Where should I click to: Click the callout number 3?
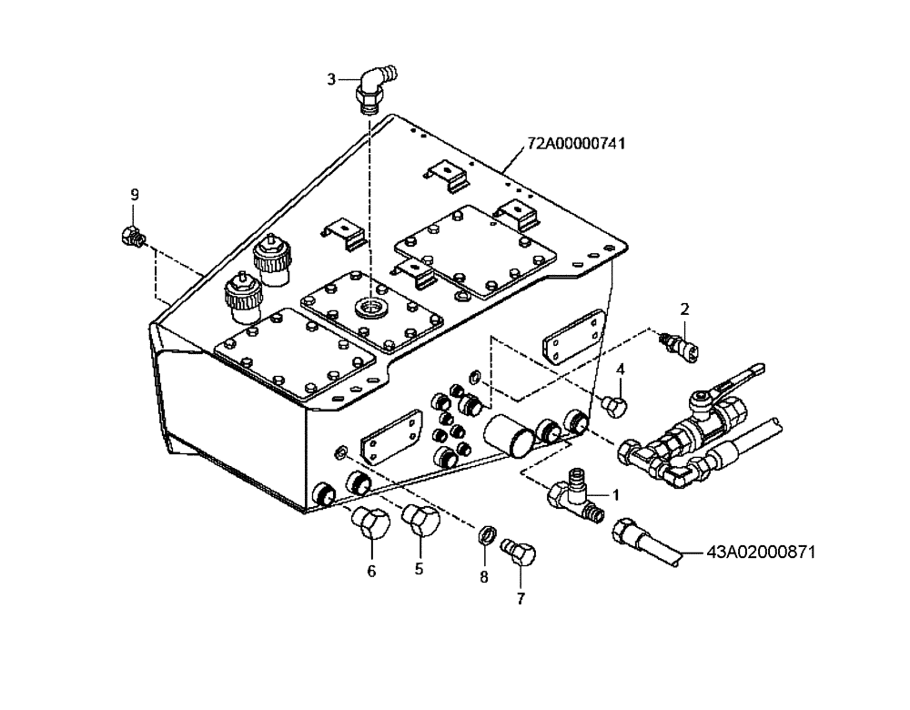(331, 79)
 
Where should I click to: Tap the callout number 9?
(135, 195)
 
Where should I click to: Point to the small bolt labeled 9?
(130, 237)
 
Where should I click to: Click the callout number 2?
(685, 308)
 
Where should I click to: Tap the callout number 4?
(621, 369)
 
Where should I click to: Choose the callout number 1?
(615, 495)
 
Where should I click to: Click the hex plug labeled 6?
(369, 522)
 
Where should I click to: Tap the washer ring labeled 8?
(487, 533)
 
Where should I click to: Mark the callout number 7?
(521, 598)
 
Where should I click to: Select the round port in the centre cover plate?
(371, 305)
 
